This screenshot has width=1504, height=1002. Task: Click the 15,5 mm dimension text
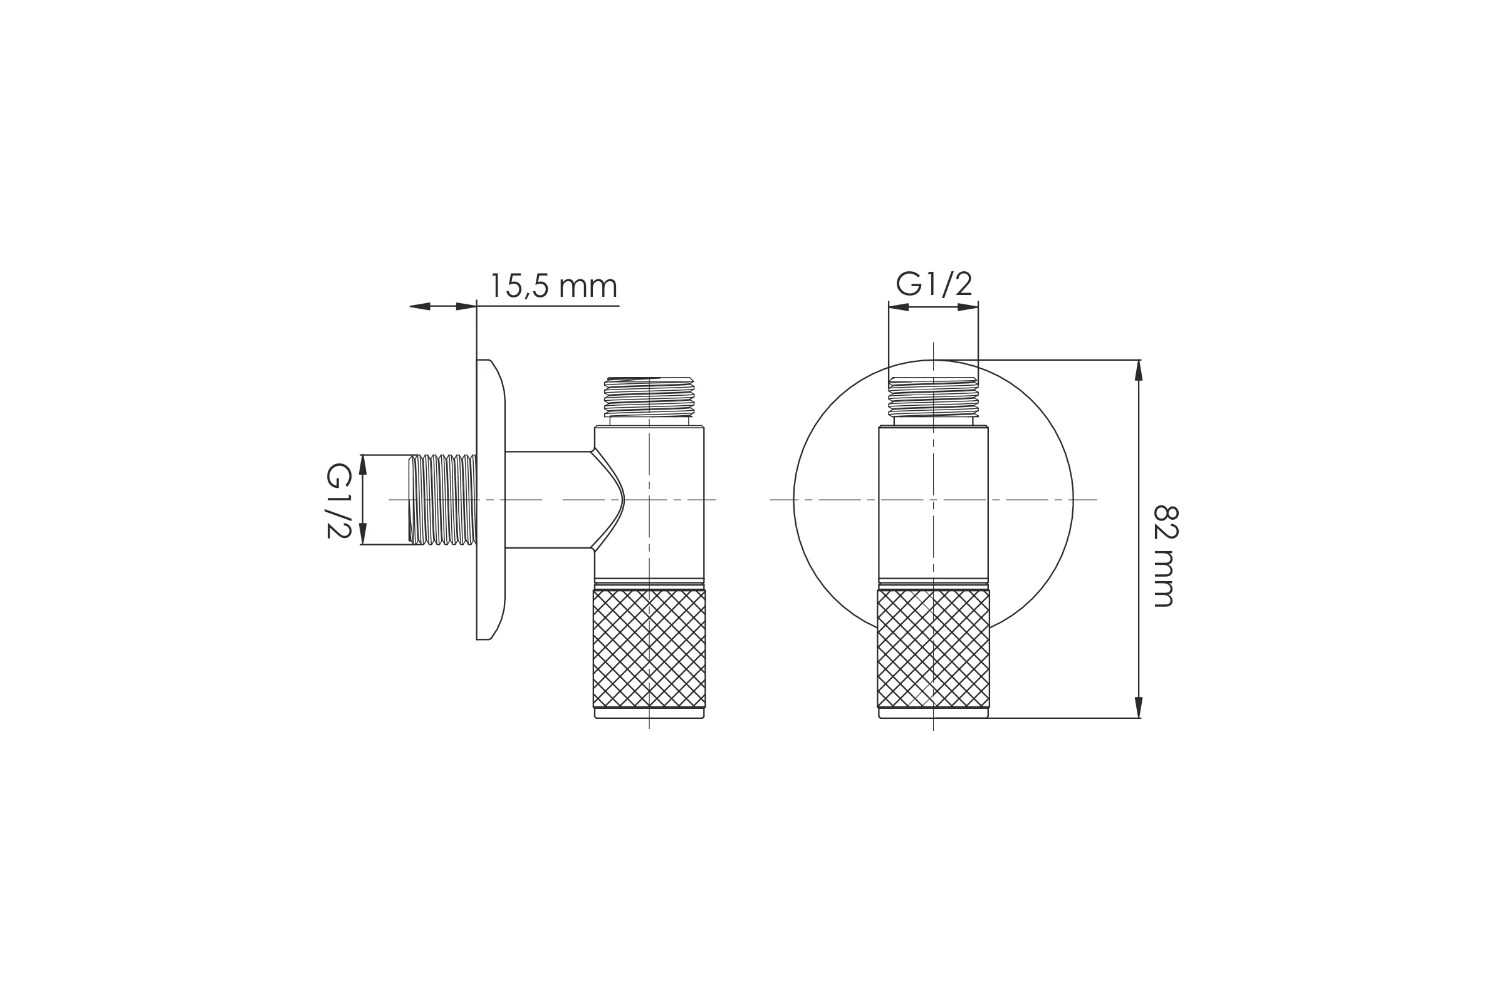[x=553, y=286]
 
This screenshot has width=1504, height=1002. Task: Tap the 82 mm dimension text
[x=1165, y=556]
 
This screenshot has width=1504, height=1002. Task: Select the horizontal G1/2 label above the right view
[x=934, y=283]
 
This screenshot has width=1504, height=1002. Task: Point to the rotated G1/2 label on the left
[x=338, y=500]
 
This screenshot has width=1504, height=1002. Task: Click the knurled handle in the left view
[x=649, y=648]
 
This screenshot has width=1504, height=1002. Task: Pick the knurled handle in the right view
[x=933, y=648]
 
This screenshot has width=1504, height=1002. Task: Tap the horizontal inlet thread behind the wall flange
[x=442, y=500]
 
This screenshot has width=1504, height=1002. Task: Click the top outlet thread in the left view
[x=649, y=397]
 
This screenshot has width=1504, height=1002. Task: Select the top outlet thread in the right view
[x=933, y=397]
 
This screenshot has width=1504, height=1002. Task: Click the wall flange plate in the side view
[x=491, y=500]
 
